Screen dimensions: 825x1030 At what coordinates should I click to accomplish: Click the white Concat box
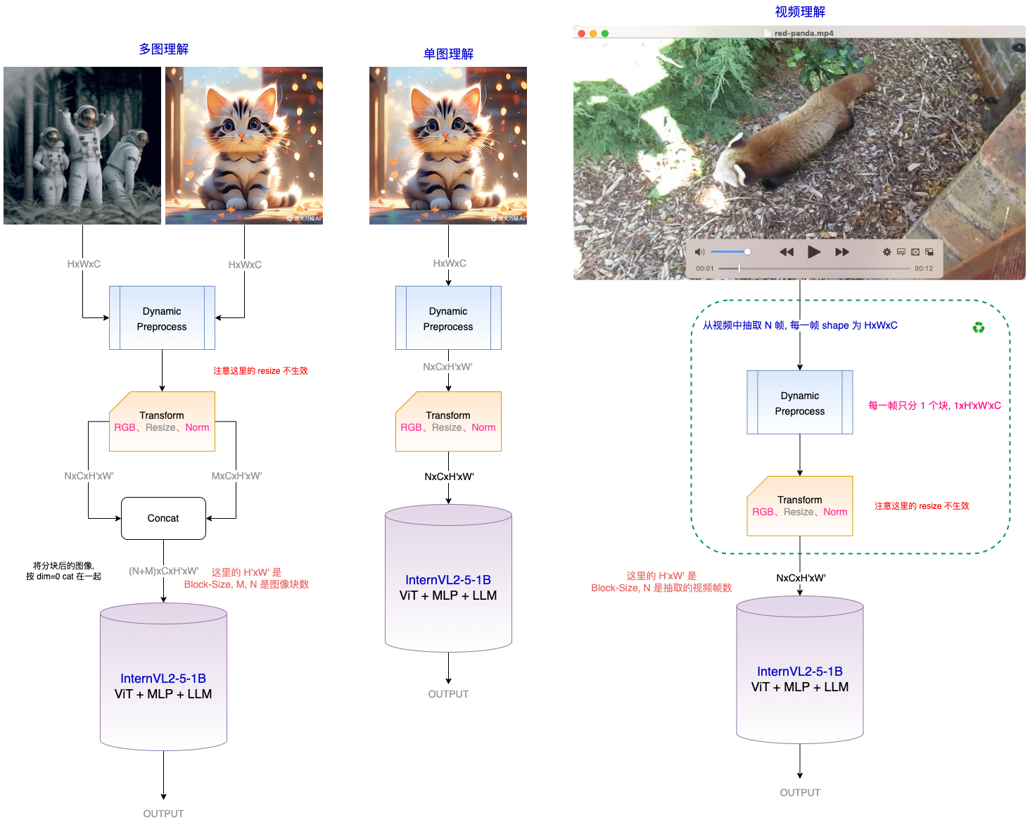click(x=163, y=518)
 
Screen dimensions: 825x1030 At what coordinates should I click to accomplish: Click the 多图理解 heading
click(x=164, y=49)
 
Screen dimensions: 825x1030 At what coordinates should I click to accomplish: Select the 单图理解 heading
click(x=448, y=53)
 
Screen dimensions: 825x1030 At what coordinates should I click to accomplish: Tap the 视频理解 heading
click(x=800, y=11)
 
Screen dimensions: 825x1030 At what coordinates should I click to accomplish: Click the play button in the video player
click(x=814, y=252)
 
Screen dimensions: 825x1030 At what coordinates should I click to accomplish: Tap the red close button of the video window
click(x=581, y=33)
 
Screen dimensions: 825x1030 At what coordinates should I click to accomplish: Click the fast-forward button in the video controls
click(x=842, y=252)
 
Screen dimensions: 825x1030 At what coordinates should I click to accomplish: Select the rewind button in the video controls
click(x=787, y=252)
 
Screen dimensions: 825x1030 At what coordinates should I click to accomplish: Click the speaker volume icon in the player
click(x=699, y=251)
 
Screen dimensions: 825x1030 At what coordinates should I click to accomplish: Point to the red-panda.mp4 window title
click(x=803, y=33)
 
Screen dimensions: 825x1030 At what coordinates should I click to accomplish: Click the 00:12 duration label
click(x=924, y=268)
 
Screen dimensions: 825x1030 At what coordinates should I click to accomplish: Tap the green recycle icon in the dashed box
click(x=979, y=327)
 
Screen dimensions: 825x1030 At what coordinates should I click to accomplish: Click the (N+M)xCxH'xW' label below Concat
click(x=163, y=571)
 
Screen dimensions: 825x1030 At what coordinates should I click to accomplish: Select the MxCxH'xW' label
click(x=236, y=476)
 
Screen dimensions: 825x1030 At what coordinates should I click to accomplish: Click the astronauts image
click(x=82, y=146)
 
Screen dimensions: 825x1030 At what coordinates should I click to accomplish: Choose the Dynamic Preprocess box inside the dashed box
click(x=800, y=403)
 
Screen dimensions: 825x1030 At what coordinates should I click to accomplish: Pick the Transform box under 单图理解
click(x=448, y=422)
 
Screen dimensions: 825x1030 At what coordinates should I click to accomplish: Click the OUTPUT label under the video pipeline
click(x=800, y=793)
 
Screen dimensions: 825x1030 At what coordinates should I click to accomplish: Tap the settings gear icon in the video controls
click(x=886, y=252)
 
